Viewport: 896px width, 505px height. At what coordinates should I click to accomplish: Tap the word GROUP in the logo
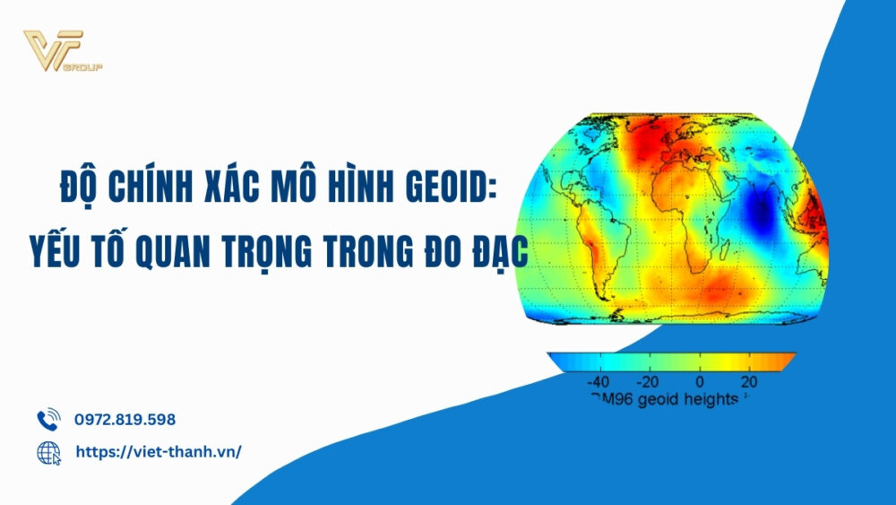(90, 67)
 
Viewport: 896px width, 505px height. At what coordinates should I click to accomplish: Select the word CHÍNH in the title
(158, 192)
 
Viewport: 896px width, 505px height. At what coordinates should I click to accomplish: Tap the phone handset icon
(47, 420)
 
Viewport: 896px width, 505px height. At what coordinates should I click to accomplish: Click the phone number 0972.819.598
(125, 420)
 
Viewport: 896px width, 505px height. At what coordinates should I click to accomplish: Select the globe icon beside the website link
(48, 453)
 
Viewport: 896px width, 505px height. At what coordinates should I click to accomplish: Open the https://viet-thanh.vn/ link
(159, 452)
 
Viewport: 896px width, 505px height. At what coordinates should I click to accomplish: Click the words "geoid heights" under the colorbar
(685, 397)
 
